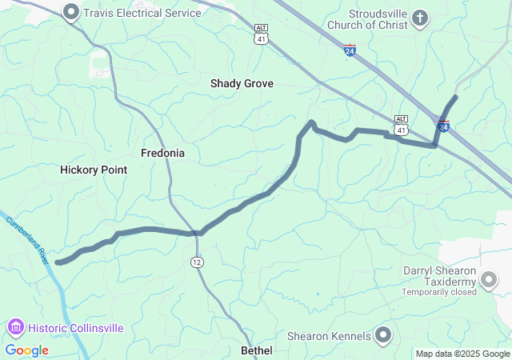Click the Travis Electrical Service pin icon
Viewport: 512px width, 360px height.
coord(71,12)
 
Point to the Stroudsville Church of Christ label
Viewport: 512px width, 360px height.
coord(378,19)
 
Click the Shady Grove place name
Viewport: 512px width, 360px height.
coord(242,83)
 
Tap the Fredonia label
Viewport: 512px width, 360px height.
coord(162,153)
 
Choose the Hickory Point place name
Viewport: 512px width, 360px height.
coord(94,170)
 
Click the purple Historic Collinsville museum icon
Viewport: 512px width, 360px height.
coord(16,328)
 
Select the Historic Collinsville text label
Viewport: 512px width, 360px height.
coord(76,328)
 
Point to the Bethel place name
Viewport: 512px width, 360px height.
coord(257,350)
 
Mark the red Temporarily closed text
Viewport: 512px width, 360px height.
coord(439,292)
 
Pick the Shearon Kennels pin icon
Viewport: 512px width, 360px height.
coord(384,336)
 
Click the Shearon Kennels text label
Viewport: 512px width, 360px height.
coord(330,336)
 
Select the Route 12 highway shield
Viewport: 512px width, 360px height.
coord(197,262)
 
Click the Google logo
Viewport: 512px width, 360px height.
coord(26,350)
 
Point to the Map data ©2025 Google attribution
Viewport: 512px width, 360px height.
coord(462,354)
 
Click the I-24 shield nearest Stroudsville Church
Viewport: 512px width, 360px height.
coord(350,50)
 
